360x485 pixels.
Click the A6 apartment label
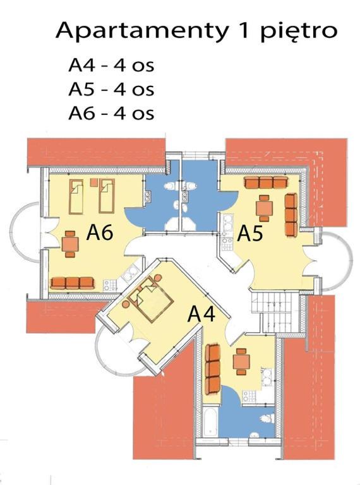coord(100,232)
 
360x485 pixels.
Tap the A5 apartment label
coord(250,234)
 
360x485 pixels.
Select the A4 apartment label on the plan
coord(201,314)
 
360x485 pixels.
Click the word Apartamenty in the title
coord(141,31)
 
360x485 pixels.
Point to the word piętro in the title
coord(299,32)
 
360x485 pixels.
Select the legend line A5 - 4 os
coord(111,89)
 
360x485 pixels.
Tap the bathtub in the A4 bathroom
coord(210,421)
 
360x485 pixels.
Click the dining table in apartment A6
coord(70,244)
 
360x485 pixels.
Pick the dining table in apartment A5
coord(264,208)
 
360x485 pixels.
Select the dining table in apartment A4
coord(241,361)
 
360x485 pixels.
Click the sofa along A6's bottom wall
coord(72,283)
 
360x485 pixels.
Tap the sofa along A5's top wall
coord(266,182)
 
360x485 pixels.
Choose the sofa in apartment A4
coord(213,369)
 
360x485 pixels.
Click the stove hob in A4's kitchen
coord(249,397)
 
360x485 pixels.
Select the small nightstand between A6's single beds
coord(94,183)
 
